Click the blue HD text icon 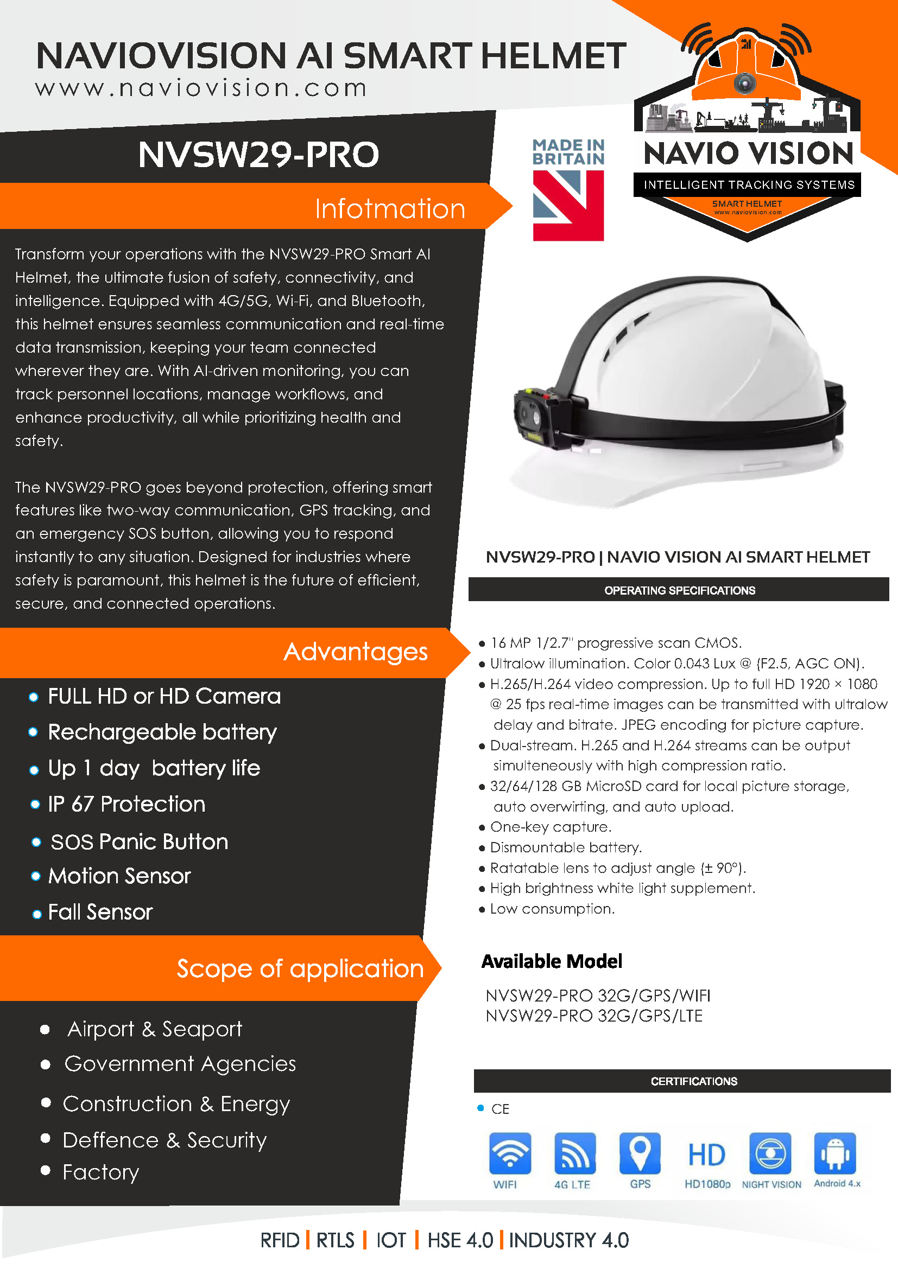(706, 1155)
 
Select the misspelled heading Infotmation (390, 209)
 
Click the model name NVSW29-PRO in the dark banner (258, 154)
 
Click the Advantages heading (356, 652)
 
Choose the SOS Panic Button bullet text (140, 842)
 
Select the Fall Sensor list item (100, 912)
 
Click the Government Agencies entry (180, 1064)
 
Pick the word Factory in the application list (100, 1172)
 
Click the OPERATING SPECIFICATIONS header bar (679, 590)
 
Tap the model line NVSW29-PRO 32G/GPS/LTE (594, 1016)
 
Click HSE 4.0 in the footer (460, 1240)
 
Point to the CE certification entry (500, 1109)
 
